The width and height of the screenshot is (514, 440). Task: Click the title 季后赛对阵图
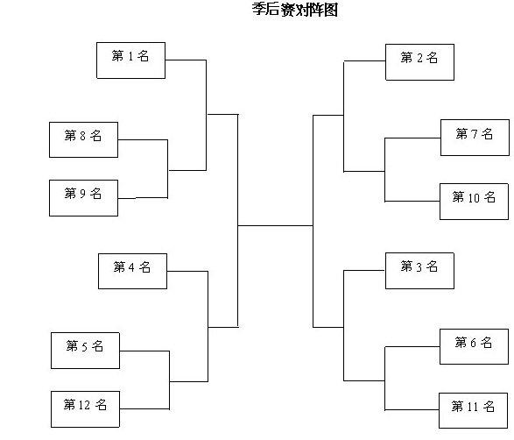(x=295, y=10)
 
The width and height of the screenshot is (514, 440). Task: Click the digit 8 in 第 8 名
(x=82, y=136)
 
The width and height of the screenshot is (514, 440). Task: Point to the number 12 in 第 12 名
(x=84, y=405)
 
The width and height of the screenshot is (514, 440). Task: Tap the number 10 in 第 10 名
(x=474, y=198)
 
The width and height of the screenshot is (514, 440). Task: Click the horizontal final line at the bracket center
(x=275, y=226)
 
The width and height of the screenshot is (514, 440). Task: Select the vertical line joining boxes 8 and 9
(x=168, y=169)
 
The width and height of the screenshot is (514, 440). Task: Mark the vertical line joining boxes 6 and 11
(x=385, y=379)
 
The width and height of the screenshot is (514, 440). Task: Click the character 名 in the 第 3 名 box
(x=432, y=266)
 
